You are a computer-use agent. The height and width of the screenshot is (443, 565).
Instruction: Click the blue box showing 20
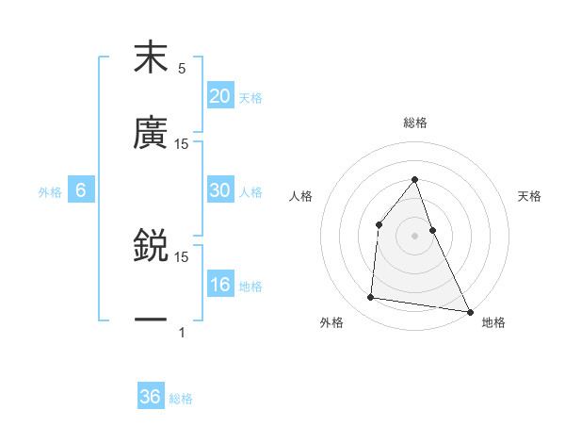[x=220, y=96]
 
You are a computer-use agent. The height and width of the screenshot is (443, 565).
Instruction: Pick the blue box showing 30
[x=220, y=190]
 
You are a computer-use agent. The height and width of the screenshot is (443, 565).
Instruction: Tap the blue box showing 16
[x=220, y=285]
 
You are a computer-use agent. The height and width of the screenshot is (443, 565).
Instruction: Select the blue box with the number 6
[x=81, y=190]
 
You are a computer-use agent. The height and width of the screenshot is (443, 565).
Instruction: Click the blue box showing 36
[x=151, y=397]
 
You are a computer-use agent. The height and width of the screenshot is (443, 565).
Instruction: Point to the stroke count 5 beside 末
[x=182, y=69]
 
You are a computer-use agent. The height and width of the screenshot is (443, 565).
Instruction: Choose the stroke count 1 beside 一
[x=182, y=332]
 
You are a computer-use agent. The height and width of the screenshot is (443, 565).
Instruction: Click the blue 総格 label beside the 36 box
[x=181, y=399]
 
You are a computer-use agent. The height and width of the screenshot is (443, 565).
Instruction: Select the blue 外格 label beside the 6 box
[x=50, y=192]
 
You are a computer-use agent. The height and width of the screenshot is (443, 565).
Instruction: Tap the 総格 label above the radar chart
[x=414, y=123]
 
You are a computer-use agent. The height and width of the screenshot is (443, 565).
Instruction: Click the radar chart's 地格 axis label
[x=493, y=322]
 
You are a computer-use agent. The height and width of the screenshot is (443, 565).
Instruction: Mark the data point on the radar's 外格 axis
[x=371, y=298]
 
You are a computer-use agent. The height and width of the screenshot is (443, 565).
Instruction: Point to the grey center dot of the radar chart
[x=414, y=236]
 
